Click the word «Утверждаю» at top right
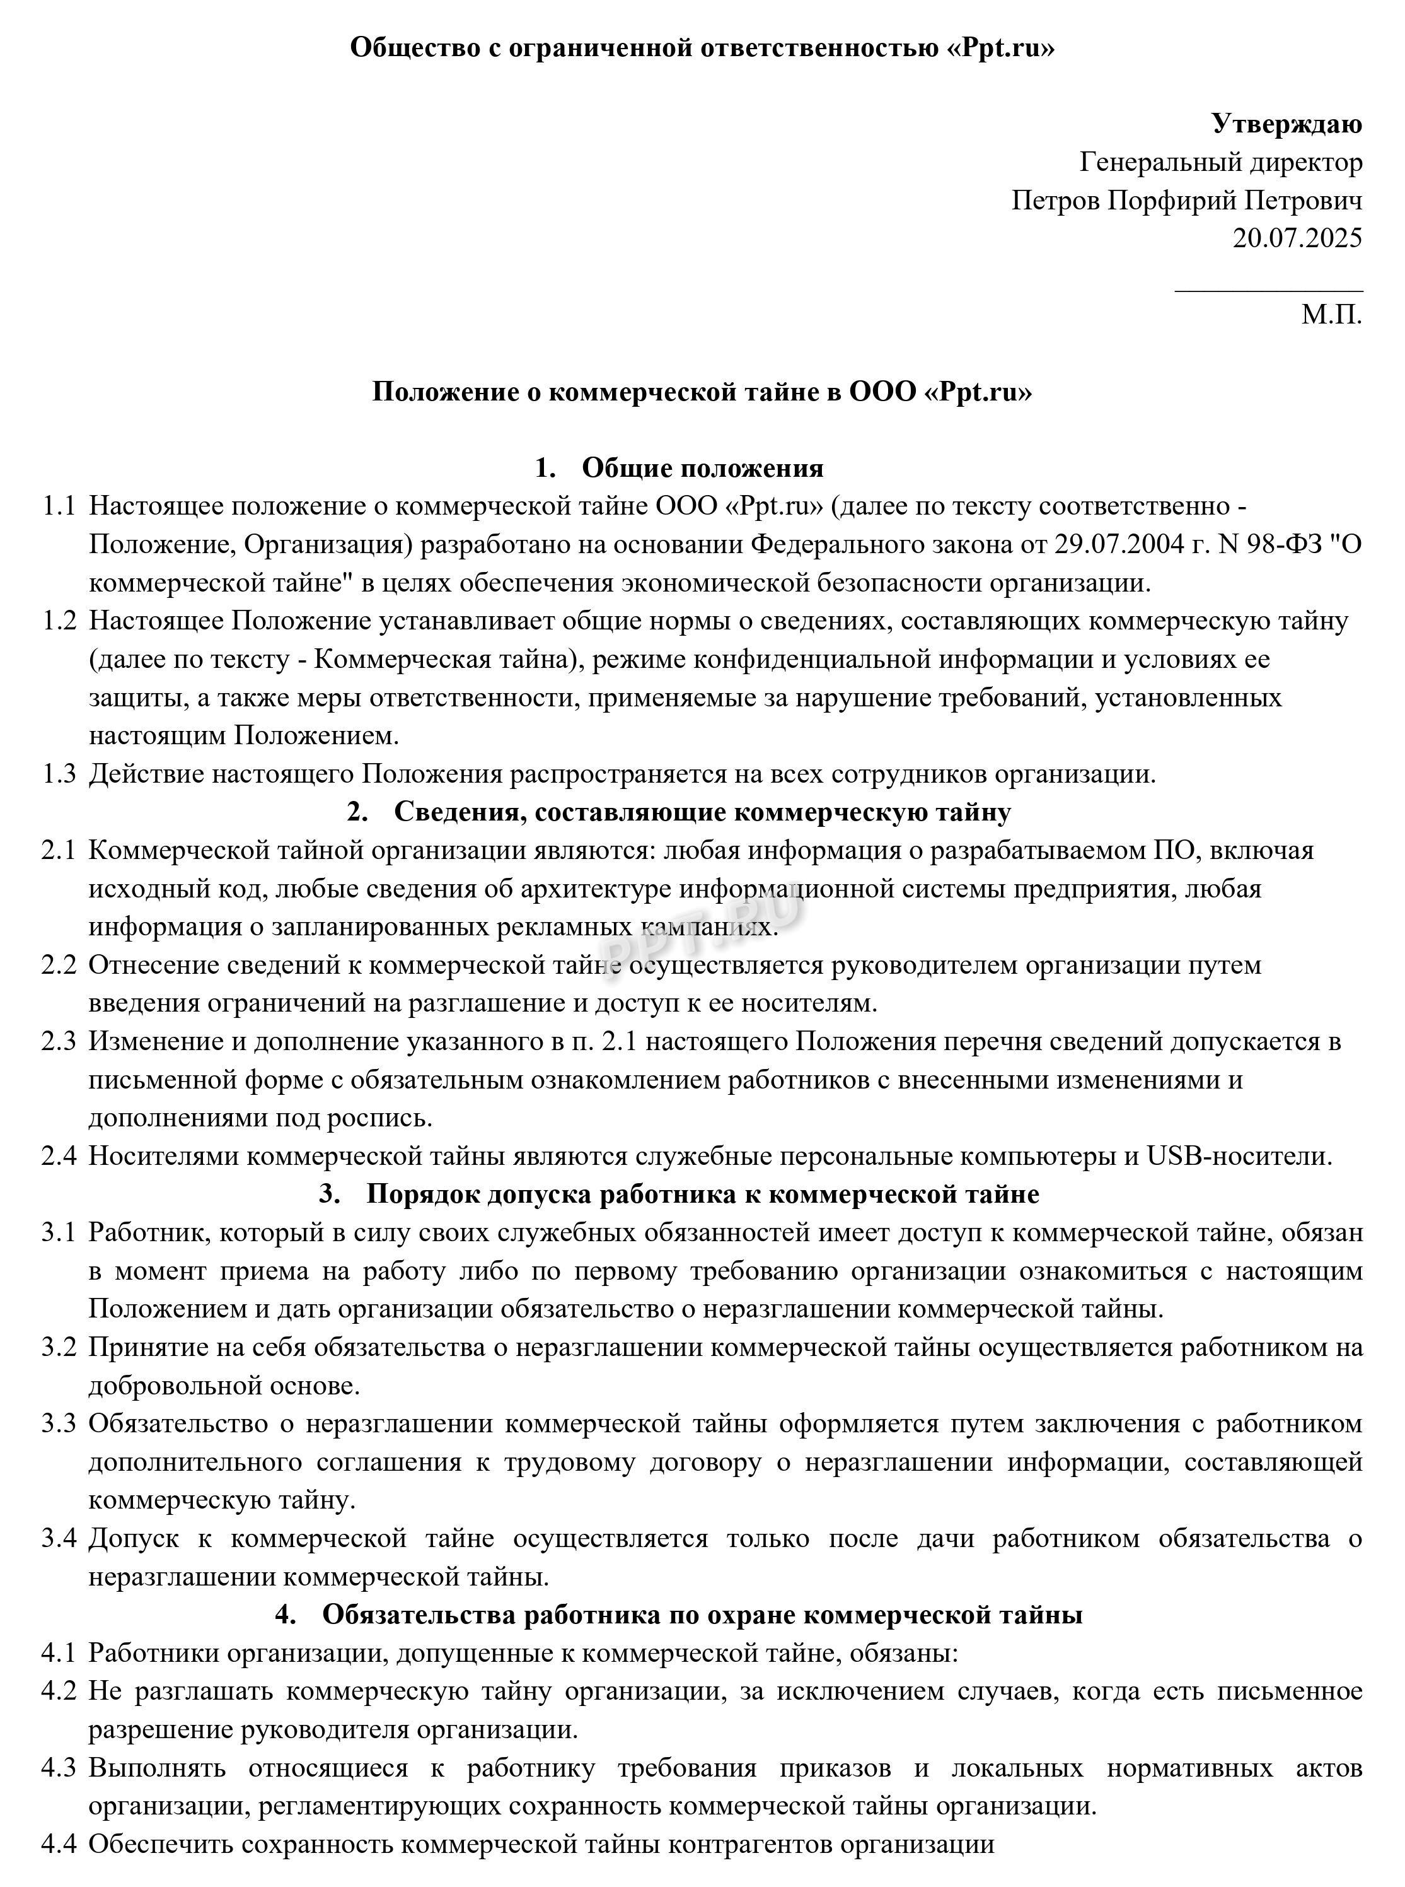tap(1286, 124)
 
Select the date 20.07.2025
tap(1297, 237)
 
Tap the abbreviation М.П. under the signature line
tap(1331, 315)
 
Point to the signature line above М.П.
tap(1268, 291)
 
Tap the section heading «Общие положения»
tap(702, 468)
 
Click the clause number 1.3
tap(59, 774)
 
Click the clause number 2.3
tap(59, 1041)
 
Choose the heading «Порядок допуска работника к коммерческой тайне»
tap(702, 1195)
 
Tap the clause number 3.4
tap(59, 1538)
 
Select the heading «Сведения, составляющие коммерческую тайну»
tap(702, 812)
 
